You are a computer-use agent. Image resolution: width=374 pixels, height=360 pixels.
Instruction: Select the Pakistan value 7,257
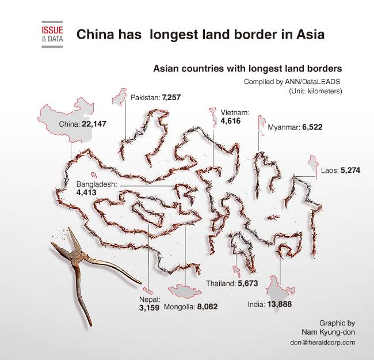(171, 98)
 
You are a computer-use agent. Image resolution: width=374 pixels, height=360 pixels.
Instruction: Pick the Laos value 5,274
(350, 170)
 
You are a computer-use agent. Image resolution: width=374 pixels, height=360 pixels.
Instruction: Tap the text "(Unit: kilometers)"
(316, 91)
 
